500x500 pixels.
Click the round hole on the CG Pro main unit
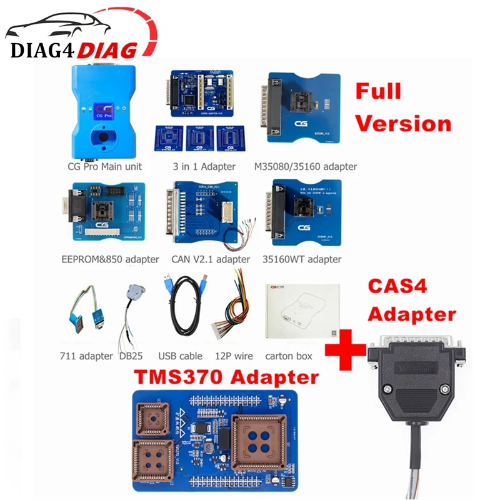(99, 136)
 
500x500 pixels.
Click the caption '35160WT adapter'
(302, 259)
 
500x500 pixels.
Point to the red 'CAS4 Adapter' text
(410, 299)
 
